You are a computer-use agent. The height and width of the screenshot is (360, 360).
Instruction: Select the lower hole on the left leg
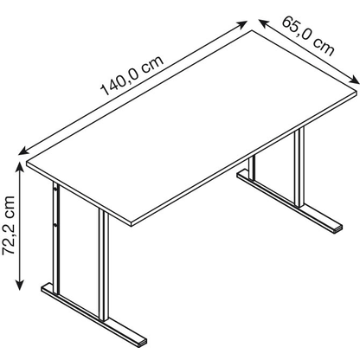pyautogui.click(x=58, y=227)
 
